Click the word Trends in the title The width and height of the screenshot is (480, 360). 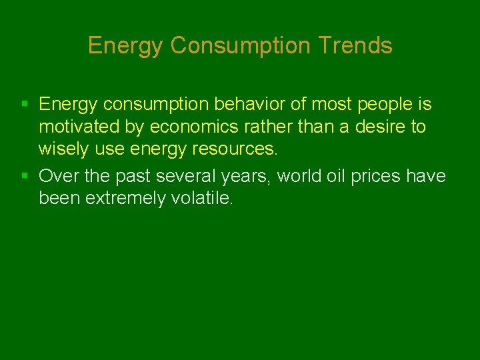pos(355,45)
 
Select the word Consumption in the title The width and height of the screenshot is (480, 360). pos(241,45)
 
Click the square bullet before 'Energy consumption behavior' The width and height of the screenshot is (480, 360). pos(25,104)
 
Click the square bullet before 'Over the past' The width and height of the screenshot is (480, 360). pos(25,176)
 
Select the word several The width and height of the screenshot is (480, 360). pos(183,176)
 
